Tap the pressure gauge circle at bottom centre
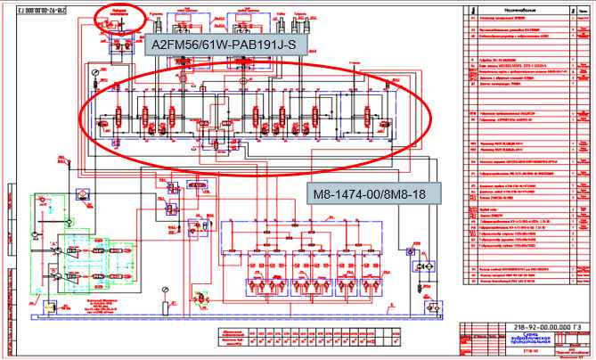[165, 290]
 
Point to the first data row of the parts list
[526, 18]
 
